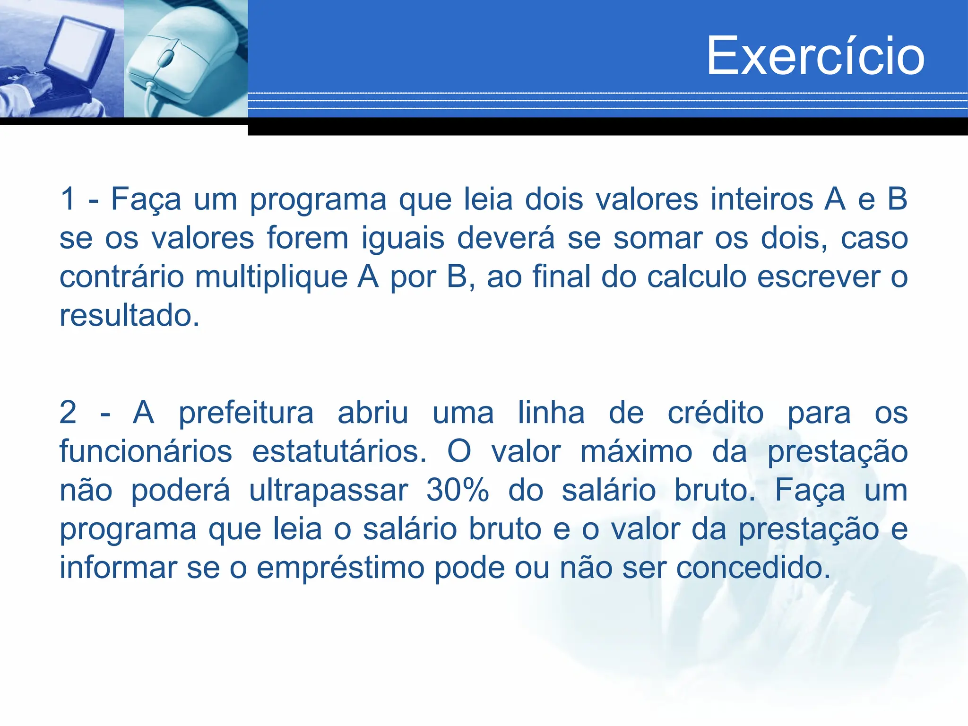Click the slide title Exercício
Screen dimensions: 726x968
(x=815, y=56)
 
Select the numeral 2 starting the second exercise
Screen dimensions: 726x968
(x=68, y=413)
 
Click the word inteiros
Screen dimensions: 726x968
(x=761, y=199)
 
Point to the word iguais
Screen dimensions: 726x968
(x=403, y=238)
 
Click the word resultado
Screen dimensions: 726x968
(x=129, y=315)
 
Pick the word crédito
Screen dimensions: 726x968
(x=715, y=413)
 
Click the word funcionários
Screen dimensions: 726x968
(x=146, y=451)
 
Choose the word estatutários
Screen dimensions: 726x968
(x=339, y=451)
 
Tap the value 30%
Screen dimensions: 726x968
(x=457, y=490)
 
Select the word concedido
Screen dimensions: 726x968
(x=753, y=568)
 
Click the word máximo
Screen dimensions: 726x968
(x=636, y=451)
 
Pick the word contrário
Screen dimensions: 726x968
(x=121, y=277)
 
